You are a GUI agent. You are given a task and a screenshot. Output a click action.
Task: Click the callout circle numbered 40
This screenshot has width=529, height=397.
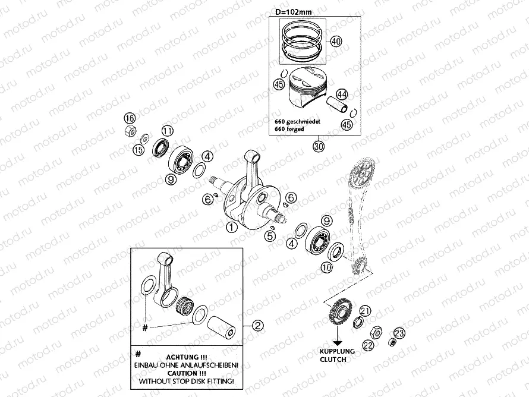336,42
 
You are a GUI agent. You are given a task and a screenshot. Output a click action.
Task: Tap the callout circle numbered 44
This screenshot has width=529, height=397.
342,94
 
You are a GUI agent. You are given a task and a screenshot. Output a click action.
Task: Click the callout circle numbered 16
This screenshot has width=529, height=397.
130,118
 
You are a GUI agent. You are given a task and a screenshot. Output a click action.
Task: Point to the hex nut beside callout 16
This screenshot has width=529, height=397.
131,131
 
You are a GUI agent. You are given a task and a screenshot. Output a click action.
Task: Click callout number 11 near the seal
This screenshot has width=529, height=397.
168,131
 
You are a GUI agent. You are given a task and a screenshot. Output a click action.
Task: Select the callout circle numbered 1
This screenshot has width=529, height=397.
231,228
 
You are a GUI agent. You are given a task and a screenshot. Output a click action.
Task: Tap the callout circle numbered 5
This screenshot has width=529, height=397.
270,236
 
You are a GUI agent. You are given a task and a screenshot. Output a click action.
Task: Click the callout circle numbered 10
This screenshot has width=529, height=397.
326,267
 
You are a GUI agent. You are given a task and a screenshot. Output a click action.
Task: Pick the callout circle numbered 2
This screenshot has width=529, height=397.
258,326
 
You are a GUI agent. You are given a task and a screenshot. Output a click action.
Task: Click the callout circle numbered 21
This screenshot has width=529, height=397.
365,311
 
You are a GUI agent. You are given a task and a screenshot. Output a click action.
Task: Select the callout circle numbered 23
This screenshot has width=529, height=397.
399,333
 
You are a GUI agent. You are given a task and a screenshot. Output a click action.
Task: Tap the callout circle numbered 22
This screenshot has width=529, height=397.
368,345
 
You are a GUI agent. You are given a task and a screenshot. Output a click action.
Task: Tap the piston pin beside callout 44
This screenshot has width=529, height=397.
338,105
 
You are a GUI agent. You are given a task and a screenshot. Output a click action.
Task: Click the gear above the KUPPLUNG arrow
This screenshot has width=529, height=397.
340,313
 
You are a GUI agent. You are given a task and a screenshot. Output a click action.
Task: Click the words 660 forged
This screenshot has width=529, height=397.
289,129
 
